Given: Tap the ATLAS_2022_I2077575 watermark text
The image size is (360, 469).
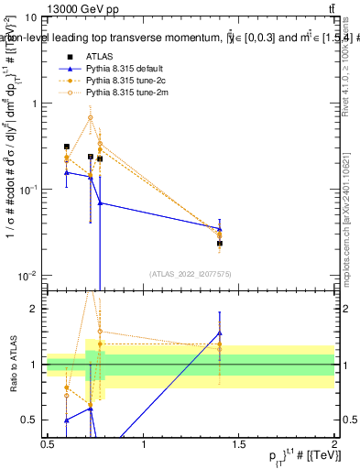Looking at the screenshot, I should point(190,273).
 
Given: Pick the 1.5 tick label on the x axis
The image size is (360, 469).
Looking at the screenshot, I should point(239,444).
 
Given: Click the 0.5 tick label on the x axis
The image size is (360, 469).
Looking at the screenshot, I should point(48,444).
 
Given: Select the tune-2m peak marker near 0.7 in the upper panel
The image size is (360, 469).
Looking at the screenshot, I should point(90,117).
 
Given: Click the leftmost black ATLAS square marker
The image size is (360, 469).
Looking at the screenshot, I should point(66,147).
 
